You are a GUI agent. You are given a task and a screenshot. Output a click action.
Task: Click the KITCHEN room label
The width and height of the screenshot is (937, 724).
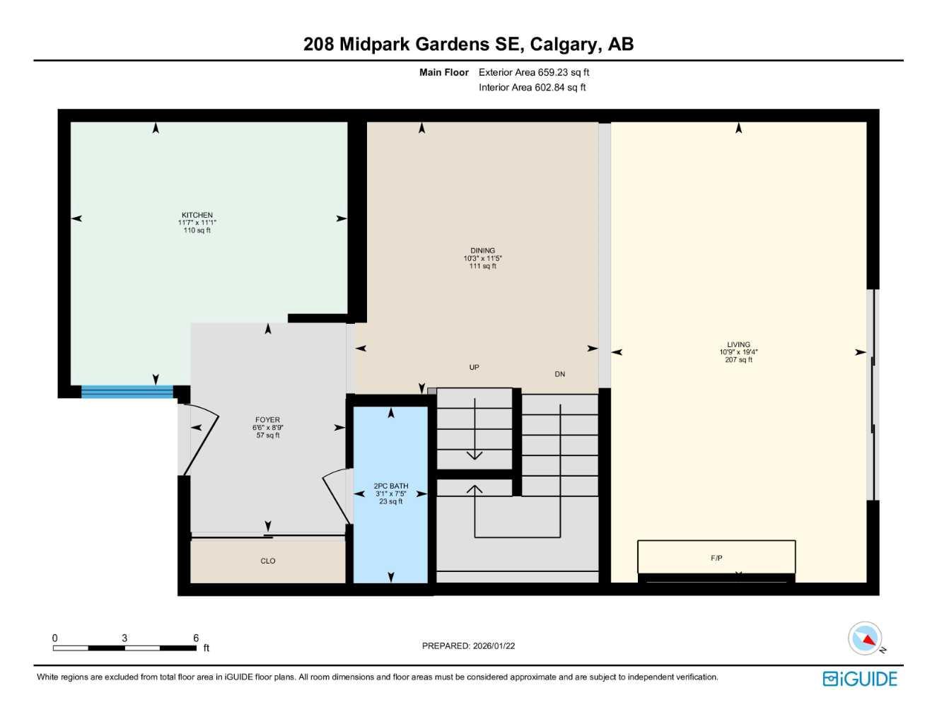pos(197,215)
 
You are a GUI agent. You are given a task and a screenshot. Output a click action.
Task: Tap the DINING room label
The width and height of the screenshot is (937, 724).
pos(482,250)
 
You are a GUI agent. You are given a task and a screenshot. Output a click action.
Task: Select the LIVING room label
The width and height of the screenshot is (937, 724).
pos(738,344)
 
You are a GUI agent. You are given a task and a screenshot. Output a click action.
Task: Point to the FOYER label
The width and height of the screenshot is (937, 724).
pos(267,420)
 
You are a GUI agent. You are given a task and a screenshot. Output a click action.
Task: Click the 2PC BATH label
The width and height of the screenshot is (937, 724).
pos(390,486)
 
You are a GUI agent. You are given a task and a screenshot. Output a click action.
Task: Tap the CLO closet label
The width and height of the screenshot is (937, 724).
pos(267,561)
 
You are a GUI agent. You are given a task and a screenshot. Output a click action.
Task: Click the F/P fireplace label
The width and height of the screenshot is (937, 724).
pos(716,558)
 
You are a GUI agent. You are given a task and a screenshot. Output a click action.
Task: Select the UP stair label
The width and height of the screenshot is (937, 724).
pos(474,367)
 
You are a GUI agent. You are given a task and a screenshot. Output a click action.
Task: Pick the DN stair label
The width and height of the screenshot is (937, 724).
pos(559,374)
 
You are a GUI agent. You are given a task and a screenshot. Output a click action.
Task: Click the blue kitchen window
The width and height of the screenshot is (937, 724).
pos(127,392)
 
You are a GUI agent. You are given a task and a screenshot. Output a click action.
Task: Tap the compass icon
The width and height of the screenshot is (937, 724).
pos(866,638)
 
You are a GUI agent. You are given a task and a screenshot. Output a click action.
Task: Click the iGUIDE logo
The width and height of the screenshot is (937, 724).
pos(860,679)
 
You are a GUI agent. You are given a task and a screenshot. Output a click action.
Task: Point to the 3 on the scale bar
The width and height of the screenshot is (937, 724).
pos(124,638)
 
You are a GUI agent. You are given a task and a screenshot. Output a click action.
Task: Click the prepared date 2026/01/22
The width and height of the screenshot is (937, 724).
pos(494,646)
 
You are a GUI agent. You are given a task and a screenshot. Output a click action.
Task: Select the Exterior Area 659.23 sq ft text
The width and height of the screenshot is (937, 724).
pos(533,72)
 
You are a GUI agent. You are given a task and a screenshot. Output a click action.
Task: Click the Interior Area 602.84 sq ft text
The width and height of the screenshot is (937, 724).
pos(532,88)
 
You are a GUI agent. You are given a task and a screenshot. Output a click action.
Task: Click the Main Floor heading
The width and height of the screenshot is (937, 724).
pos(443,72)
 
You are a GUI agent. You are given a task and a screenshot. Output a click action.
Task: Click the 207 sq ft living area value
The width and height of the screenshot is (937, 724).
pos(738,360)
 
